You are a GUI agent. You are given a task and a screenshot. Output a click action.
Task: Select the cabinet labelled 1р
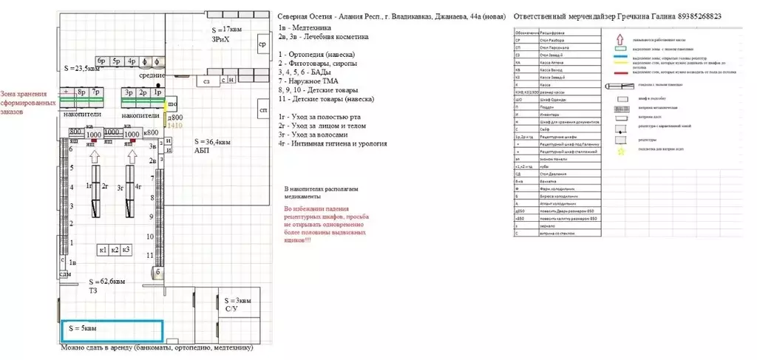157,93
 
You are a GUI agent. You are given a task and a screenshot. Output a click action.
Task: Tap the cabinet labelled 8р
82,93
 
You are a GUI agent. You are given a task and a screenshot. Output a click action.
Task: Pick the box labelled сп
262,111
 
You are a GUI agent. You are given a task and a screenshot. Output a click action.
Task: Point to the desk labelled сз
207,80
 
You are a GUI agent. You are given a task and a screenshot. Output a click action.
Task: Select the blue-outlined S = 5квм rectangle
112,330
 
